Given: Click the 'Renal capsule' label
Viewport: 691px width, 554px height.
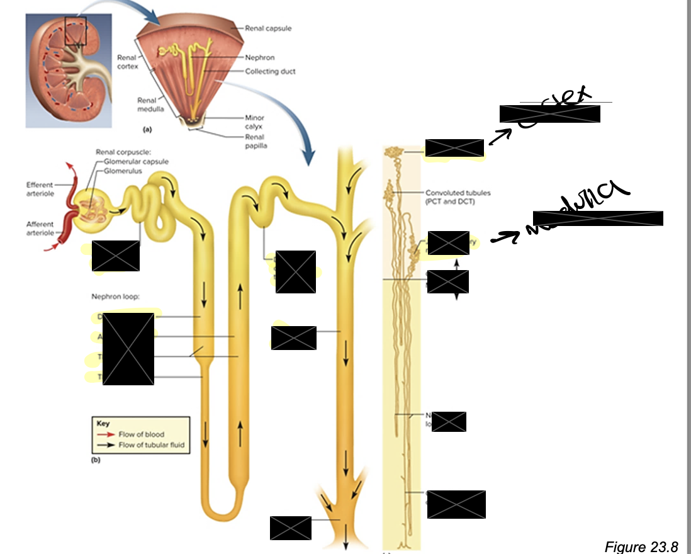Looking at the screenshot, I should click(269, 28).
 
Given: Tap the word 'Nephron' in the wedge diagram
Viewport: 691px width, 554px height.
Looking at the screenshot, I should click(260, 58).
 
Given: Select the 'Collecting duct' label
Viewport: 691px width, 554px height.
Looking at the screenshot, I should click(270, 71).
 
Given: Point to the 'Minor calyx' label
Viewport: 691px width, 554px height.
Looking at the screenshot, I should click(254, 122).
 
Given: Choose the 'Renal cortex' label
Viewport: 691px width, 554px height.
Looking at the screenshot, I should click(126, 62).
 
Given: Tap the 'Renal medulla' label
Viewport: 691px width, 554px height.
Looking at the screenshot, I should click(147, 105).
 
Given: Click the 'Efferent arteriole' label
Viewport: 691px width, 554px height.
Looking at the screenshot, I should click(40, 189).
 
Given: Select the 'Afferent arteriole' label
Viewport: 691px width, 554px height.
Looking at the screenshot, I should click(40, 228).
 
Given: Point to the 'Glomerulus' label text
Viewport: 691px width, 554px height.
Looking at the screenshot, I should click(123, 171).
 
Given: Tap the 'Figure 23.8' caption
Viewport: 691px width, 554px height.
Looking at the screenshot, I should click(641, 546).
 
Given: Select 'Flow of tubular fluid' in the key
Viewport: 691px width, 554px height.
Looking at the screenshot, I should click(151, 445).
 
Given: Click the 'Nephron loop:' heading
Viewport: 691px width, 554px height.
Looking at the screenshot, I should click(116, 295).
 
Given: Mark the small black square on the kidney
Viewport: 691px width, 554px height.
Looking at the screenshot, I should click(75, 31).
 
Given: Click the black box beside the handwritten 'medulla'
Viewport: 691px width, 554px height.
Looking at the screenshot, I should click(597, 218).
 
